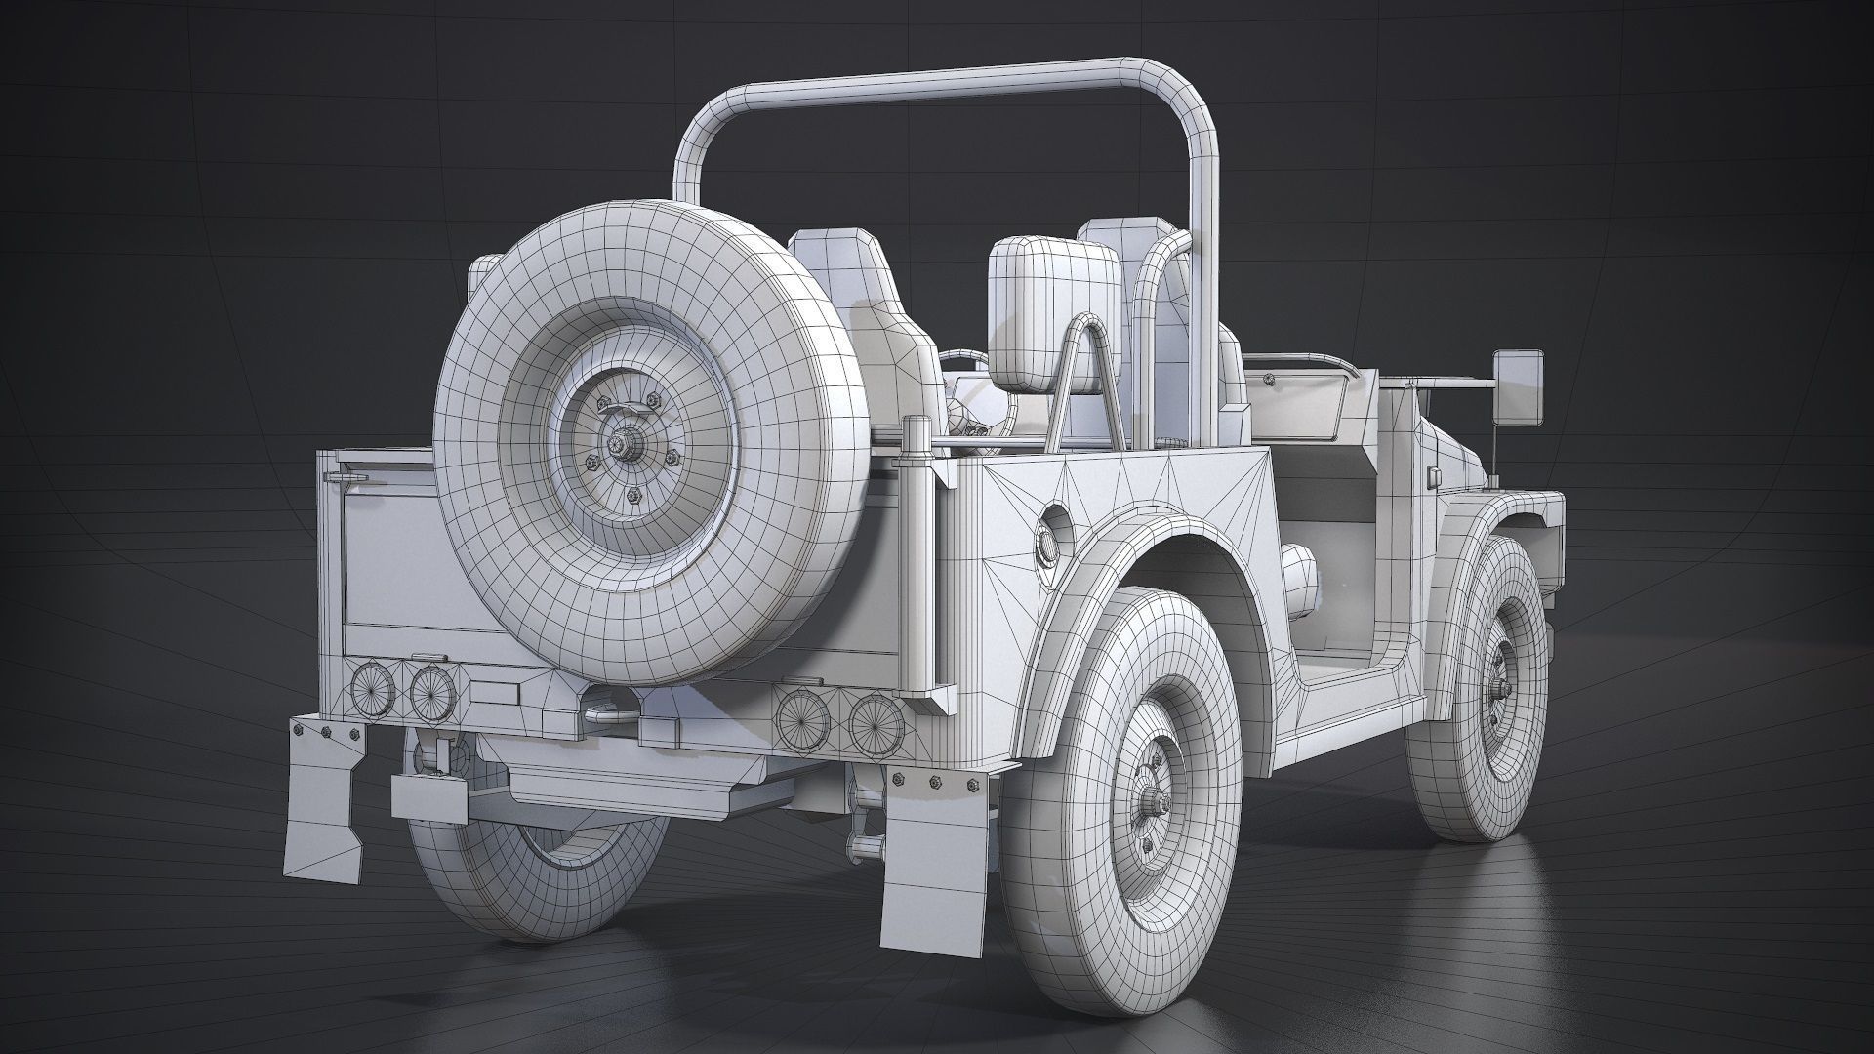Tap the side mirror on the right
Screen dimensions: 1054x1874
1520,389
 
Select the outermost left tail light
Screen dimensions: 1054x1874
373,689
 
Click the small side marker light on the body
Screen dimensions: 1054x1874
1434,476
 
